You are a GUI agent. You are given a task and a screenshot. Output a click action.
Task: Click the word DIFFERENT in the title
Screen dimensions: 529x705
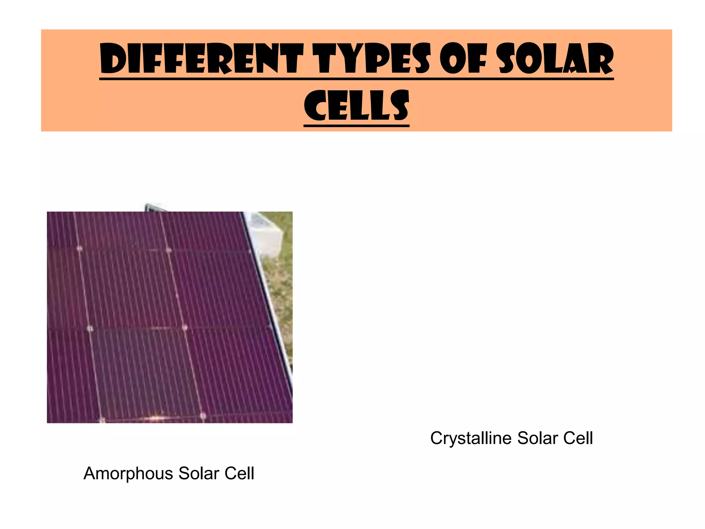[201, 59]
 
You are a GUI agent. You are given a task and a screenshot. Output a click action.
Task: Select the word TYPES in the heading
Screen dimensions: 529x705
[373, 59]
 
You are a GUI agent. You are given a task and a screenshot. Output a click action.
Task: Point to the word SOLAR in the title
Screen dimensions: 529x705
[556, 59]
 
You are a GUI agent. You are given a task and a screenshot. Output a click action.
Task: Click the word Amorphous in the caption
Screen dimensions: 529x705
[128, 474]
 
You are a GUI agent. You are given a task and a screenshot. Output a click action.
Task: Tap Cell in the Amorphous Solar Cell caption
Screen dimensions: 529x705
[239, 474]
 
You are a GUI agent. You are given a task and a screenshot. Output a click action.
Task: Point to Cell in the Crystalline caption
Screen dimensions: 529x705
[578, 438]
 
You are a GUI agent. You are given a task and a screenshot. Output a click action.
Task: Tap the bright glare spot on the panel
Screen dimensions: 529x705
[157, 418]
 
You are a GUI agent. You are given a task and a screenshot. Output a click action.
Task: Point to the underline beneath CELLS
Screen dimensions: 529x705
[356, 125]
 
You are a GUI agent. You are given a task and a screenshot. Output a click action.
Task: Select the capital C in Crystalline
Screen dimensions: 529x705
[436, 438]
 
